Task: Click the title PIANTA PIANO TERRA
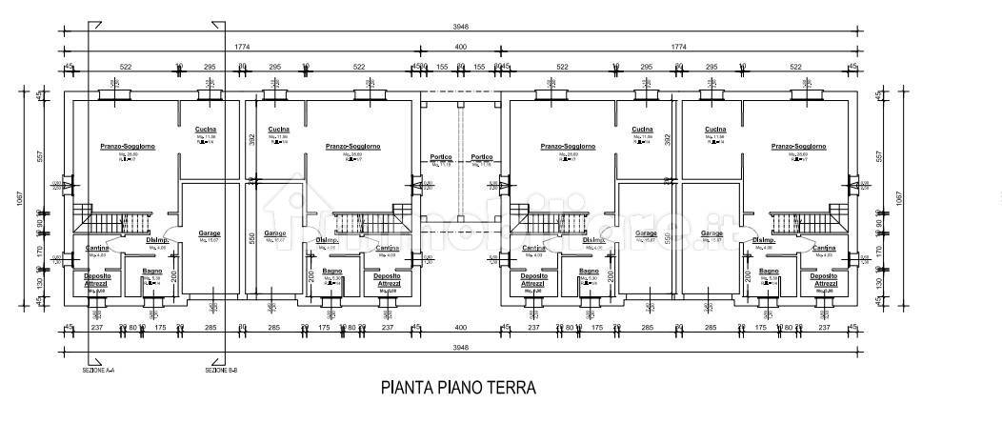pyautogui.click(x=458, y=388)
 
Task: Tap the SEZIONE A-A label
pyautogui.click(x=98, y=370)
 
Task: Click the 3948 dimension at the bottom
pyautogui.click(x=461, y=347)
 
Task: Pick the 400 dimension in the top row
pyautogui.click(x=461, y=46)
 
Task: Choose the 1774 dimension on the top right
pyautogui.click(x=679, y=46)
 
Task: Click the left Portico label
pyautogui.click(x=440, y=157)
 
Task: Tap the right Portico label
pyautogui.click(x=481, y=157)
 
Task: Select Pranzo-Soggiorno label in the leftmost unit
pyautogui.click(x=128, y=146)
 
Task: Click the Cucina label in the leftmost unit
pyautogui.click(x=206, y=129)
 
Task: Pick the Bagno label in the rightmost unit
pyautogui.click(x=770, y=271)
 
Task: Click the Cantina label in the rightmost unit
pyautogui.click(x=825, y=248)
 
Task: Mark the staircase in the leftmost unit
pyautogui.click(x=113, y=223)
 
